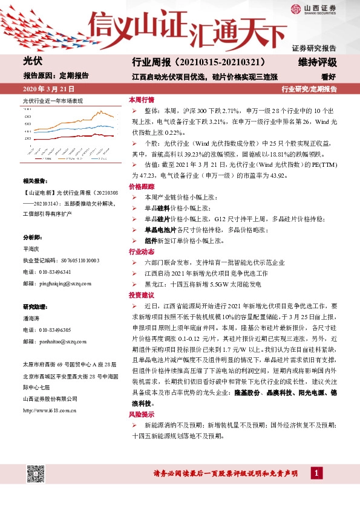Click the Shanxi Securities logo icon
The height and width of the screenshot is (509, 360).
(x=295, y=9)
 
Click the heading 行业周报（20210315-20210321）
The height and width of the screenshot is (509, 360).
(x=198, y=62)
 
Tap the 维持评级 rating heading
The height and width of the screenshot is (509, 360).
(x=317, y=62)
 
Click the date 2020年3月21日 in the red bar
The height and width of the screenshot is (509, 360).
(x=42, y=89)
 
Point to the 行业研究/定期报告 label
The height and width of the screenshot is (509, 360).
(x=309, y=89)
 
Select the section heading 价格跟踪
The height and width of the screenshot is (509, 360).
(x=141, y=187)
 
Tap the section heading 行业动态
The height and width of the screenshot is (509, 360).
(x=141, y=251)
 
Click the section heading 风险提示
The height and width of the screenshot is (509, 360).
(x=141, y=414)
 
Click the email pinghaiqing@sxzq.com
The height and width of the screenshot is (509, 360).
(x=56, y=265)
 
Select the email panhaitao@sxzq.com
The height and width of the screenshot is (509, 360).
(x=56, y=340)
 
